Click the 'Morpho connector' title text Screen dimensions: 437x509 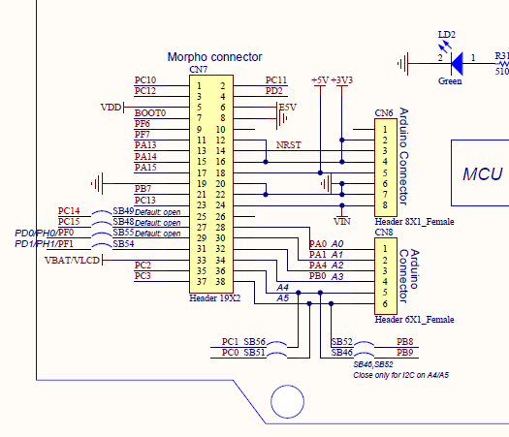click(214, 58)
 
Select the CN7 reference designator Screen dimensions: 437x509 click(198, 70)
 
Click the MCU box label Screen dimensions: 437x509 click(482, 174)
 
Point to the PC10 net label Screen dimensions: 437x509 click(144, 80)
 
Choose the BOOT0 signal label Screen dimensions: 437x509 click(150, 113)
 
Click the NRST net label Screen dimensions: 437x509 click(288, 145)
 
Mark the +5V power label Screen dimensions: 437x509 click(320, 79)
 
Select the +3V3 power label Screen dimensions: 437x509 click(342, 79)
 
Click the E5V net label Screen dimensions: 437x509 click(287, 107)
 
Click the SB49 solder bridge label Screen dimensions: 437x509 click(123, 211)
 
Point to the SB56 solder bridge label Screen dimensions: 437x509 click(255, 342)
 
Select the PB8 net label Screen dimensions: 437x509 click(405, 342)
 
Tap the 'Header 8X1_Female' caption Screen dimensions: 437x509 click(414, 222)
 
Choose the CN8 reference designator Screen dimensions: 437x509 click(383, 233)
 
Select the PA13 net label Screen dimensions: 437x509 click(145, 145)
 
